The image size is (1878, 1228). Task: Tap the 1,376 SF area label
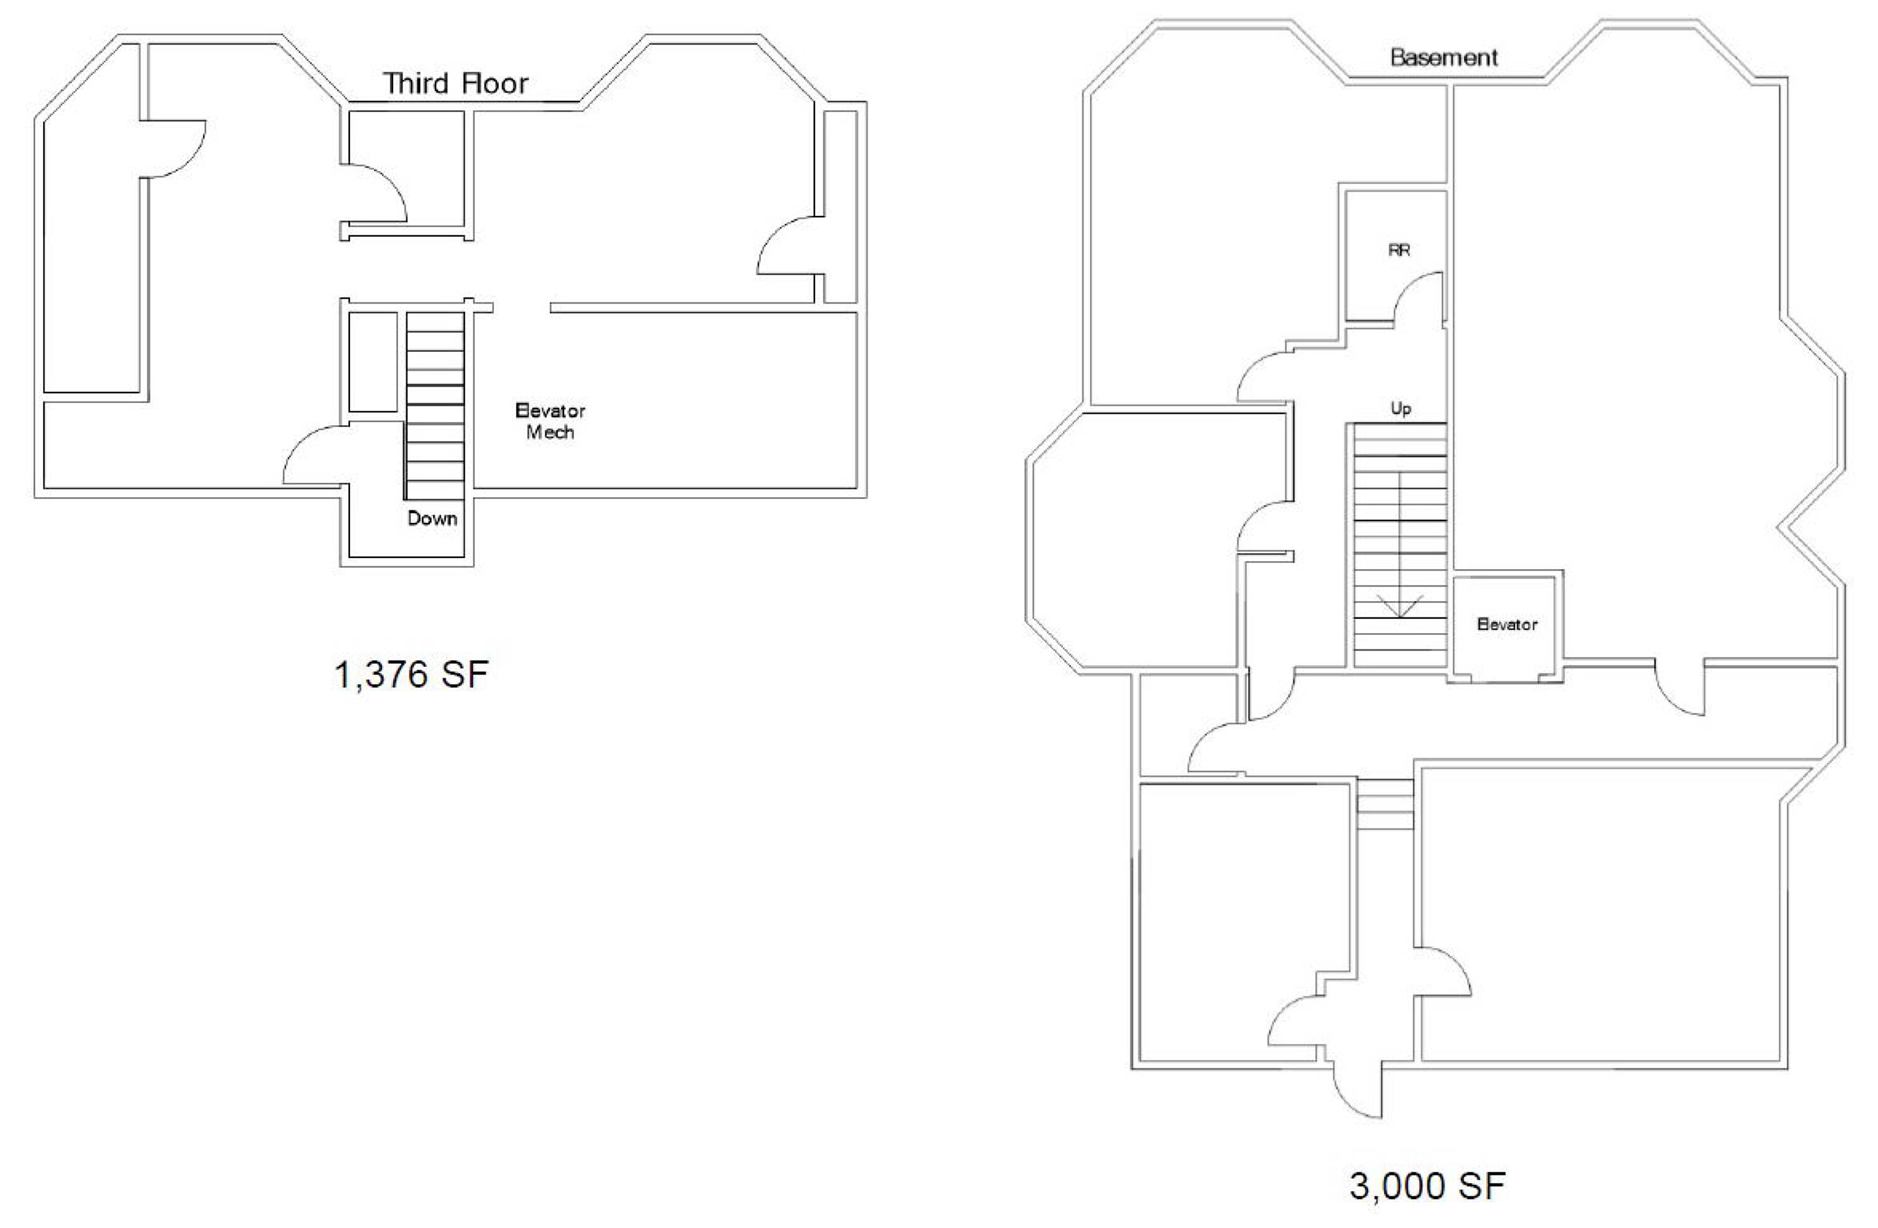pos(411,675)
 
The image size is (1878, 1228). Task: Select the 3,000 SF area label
pos(1427,1186)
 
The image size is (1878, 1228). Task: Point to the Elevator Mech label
pos(550,421)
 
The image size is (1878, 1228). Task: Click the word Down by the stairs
pos(433,519)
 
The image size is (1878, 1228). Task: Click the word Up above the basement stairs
pos(1400,409)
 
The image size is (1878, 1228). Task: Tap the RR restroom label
pos(1399,250)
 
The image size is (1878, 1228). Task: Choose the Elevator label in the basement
pos(1507,624)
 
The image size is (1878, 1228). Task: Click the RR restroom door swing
pos(1417,298)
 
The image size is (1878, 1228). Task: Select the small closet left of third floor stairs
pos(372,361)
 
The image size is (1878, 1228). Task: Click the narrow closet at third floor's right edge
pos(840,207)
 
